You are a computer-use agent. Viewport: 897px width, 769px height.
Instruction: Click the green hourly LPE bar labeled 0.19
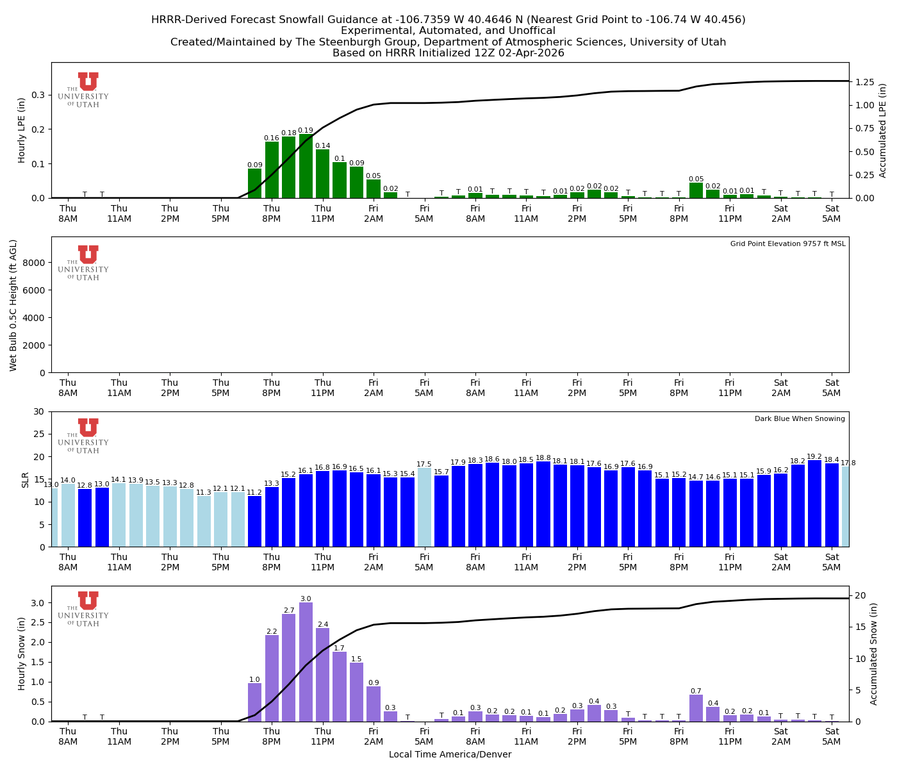click(x=306, y=167)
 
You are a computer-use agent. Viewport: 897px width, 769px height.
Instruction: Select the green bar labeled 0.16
click(x=272, y=170)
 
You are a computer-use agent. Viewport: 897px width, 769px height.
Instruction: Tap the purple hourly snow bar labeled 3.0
click(x=306, y=662)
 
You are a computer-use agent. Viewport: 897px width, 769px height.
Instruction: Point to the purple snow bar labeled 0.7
click(x=696, y=708)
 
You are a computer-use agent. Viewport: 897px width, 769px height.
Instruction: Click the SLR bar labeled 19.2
click(x=814, y=504)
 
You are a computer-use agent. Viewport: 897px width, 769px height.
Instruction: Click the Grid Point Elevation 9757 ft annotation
click(x=787, y=244)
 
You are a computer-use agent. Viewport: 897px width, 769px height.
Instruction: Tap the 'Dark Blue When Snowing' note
click(x=800, y=419)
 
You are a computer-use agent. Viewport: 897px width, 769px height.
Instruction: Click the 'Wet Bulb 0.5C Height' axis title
click(x=13, y=305)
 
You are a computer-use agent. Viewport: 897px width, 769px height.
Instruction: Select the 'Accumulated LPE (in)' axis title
click(x=883, y=130)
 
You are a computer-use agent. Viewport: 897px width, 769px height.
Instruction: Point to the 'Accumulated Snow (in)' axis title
click(x=873, y=654)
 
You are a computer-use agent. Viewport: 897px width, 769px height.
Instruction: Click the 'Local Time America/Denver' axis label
click(x=450, y=754)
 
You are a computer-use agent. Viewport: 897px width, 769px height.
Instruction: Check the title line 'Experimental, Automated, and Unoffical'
click(x=448, y=31)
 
